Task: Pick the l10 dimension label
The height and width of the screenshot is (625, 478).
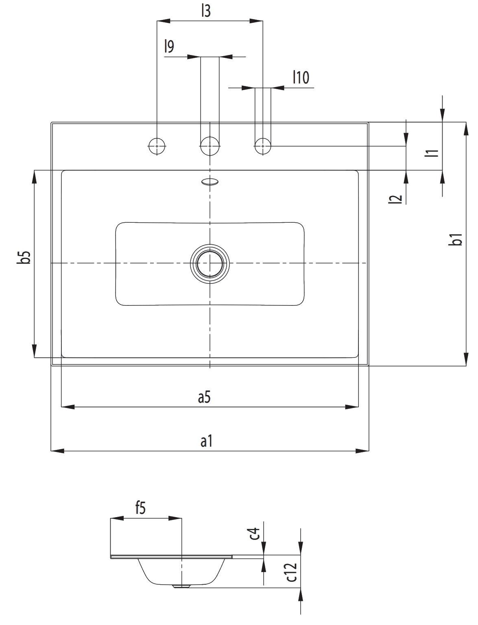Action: point(301,77)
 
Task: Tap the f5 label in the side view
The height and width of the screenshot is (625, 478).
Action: point(140,508)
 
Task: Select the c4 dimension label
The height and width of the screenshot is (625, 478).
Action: point(255,533)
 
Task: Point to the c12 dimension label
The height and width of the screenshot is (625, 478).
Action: point(291,572)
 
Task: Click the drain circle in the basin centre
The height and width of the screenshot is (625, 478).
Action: point(210,263)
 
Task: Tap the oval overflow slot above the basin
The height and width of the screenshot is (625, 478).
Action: point(210,182)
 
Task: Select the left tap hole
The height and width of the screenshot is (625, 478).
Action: point(157,145)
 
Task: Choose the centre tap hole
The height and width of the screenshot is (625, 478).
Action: point(210,145)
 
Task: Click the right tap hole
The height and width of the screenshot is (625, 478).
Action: point(263,145)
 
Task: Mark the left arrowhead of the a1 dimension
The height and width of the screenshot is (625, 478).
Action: point(57,451)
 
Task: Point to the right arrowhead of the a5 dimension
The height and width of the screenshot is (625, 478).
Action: point(352,406)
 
